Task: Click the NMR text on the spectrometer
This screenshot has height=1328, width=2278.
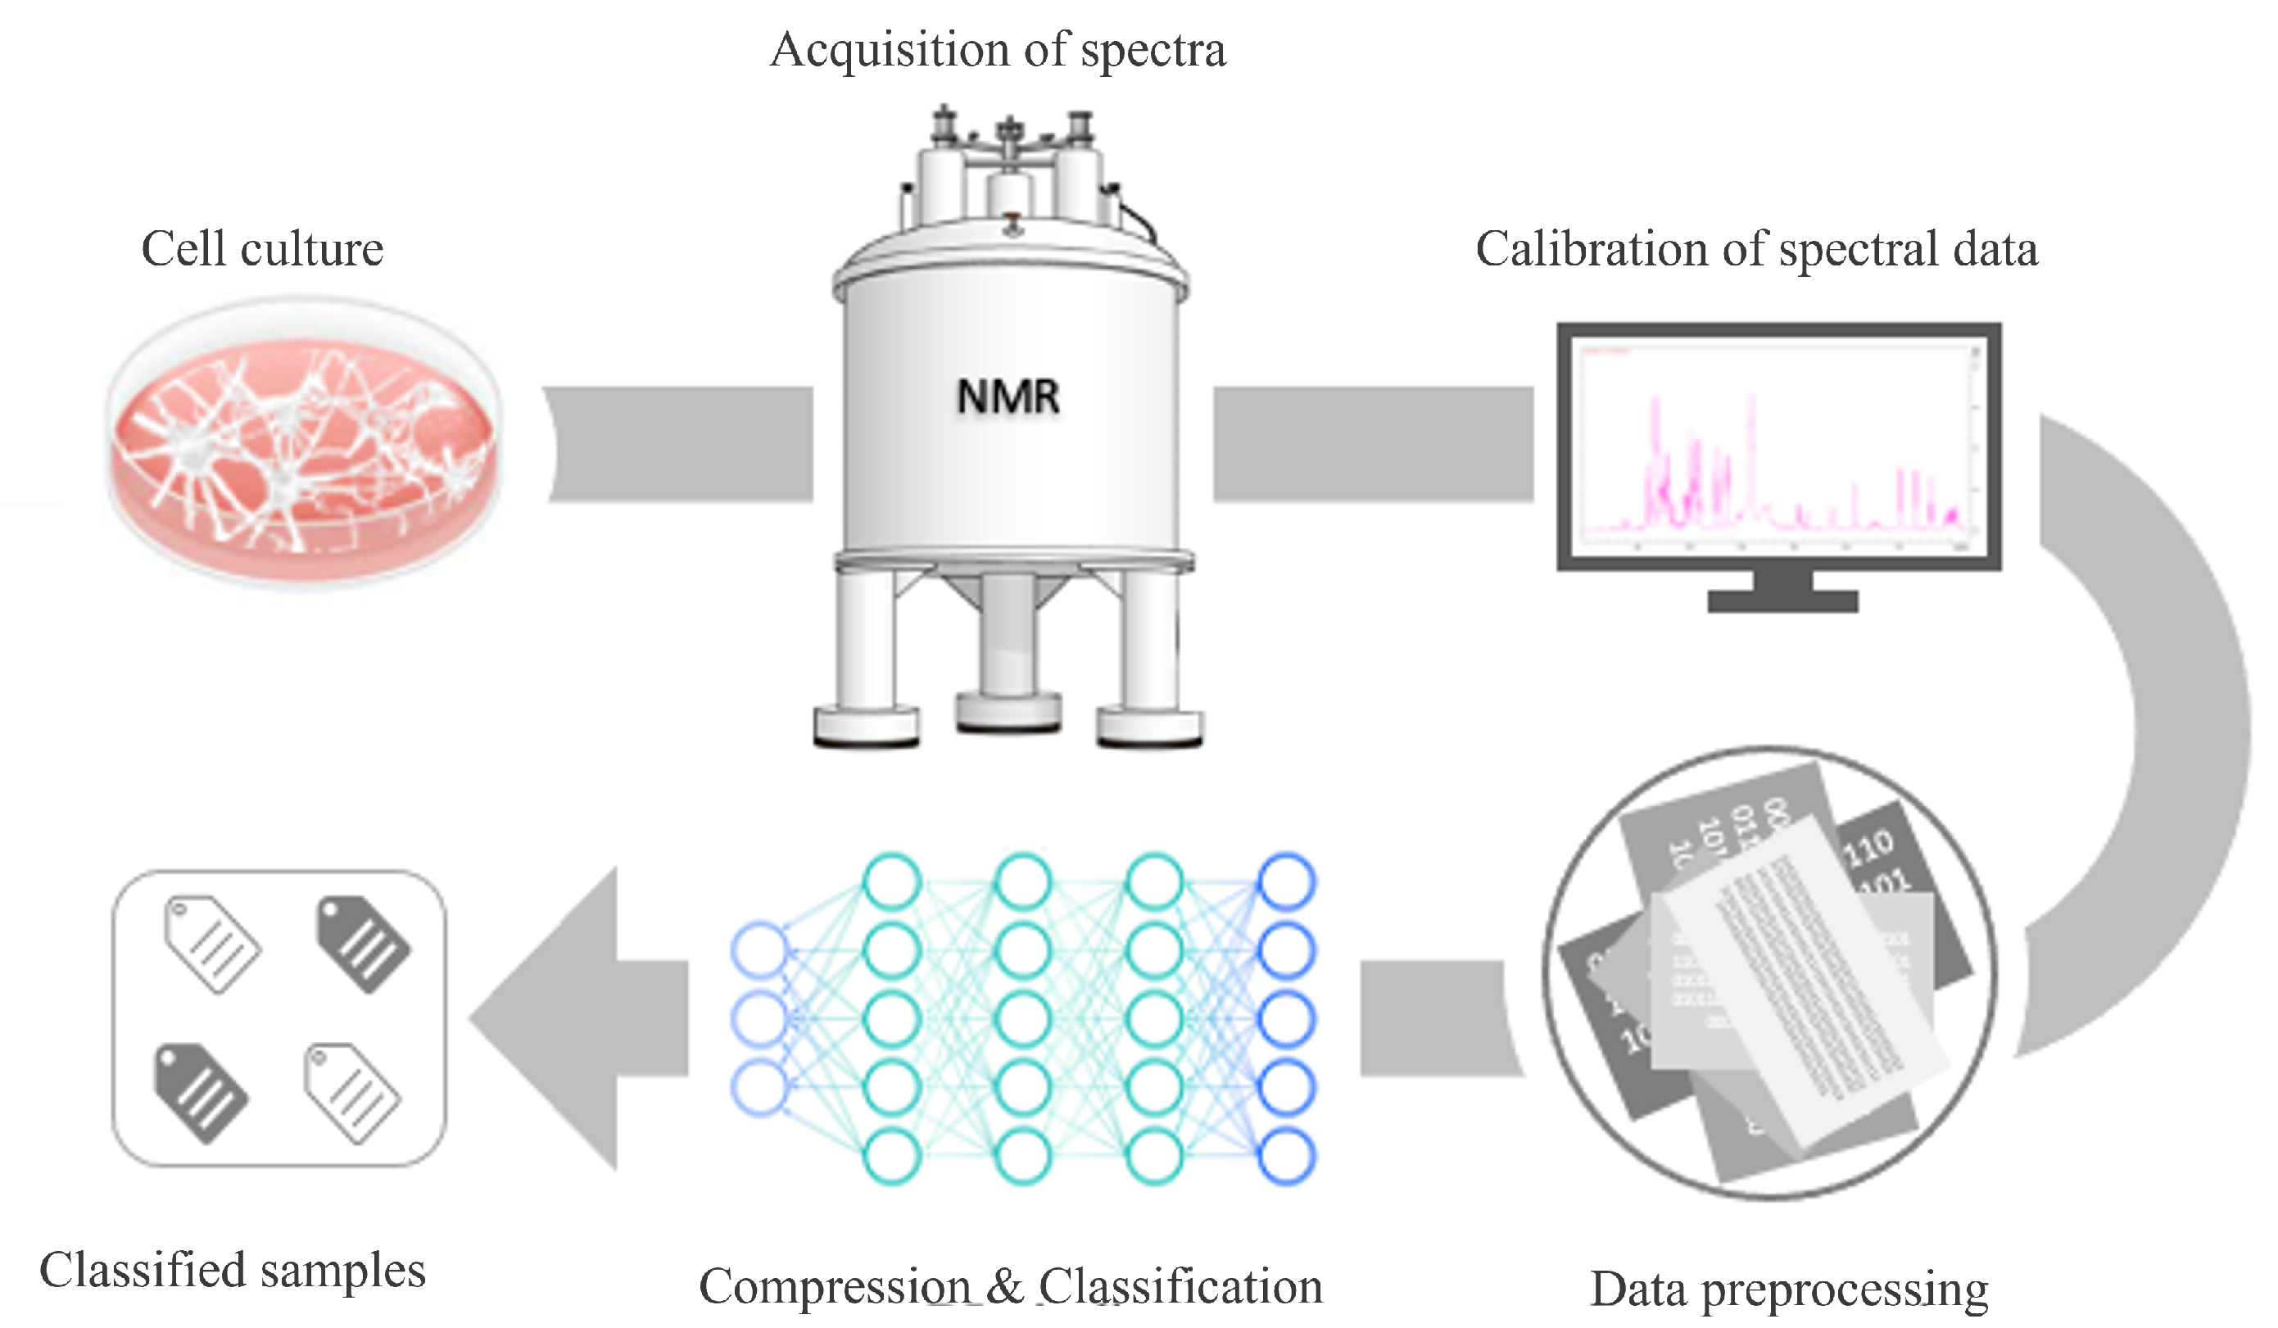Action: (1007, 397)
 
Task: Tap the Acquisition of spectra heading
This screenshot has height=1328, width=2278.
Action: (997, 50)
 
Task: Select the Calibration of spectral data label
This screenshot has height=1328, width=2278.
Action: (1755, 250)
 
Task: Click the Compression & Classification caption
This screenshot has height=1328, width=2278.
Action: (1010, 1285)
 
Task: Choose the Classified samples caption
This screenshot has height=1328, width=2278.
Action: (233, 1270)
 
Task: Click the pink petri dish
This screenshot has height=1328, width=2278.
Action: (303, 443)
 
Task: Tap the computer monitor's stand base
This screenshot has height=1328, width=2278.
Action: (1782, 601)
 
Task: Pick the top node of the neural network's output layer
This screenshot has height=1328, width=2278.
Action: (1286, 882)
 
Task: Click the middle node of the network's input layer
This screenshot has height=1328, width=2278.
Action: (760, 1019)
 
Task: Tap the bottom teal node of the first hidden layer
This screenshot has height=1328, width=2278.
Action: (891, 1156)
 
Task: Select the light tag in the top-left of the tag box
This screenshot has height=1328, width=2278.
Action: (212, 944)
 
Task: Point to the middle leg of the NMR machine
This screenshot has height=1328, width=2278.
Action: (1007, 650)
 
